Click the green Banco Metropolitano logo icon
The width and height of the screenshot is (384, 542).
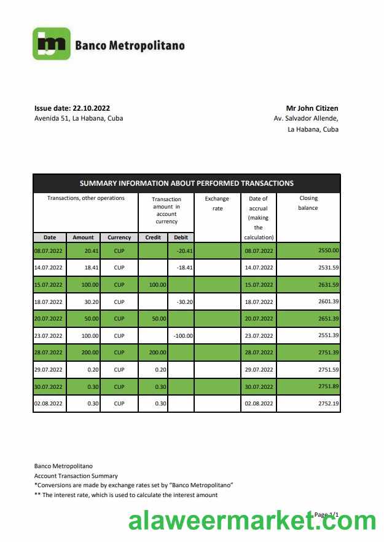point(51,44)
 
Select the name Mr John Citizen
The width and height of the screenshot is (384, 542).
point(312,108)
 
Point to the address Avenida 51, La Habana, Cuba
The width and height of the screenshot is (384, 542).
point(78,118)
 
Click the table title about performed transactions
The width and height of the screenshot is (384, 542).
point(186,183)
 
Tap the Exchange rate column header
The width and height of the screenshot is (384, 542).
point(217,204)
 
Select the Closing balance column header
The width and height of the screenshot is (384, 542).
point(308,203)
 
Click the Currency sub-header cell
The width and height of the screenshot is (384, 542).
point(119,237)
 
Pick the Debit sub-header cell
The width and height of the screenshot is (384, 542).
point(181,237)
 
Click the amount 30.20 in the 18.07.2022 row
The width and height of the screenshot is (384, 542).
point(84,302)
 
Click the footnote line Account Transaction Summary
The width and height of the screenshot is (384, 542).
point(76,476)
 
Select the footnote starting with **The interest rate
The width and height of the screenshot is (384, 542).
point(126,495)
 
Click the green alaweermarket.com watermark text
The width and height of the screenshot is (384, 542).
point(251,521)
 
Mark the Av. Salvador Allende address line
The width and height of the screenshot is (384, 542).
point(306,119)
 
